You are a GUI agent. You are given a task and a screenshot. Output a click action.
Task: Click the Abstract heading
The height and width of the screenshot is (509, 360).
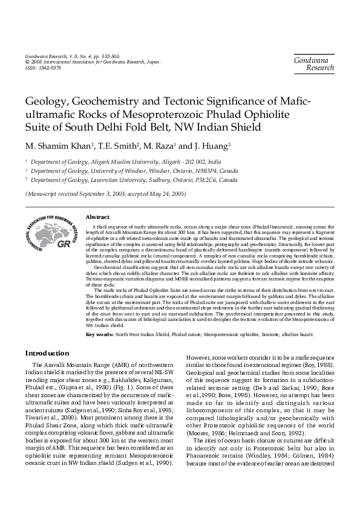coord(97,216)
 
